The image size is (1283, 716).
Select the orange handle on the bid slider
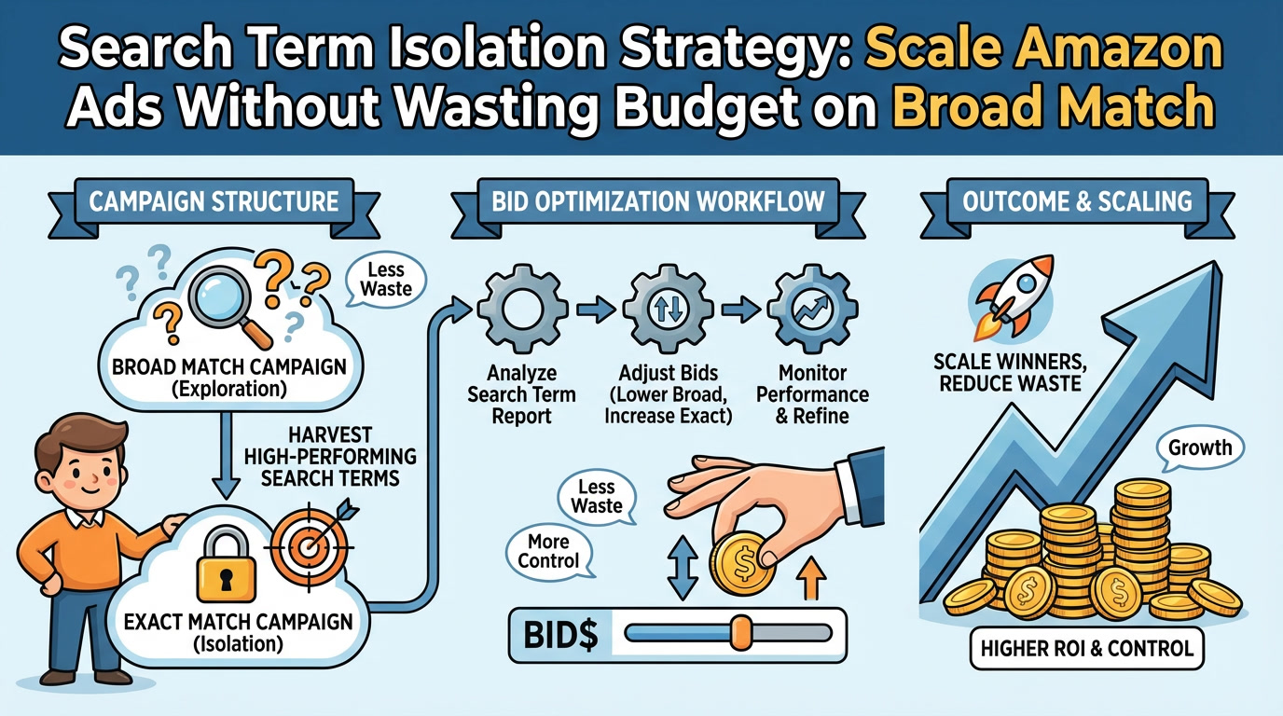coord(741,633)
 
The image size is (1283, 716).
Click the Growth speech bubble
coord(1200,448)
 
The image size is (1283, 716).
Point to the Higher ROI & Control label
coord(1086,648)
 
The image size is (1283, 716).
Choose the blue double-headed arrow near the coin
coord(683,571)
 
